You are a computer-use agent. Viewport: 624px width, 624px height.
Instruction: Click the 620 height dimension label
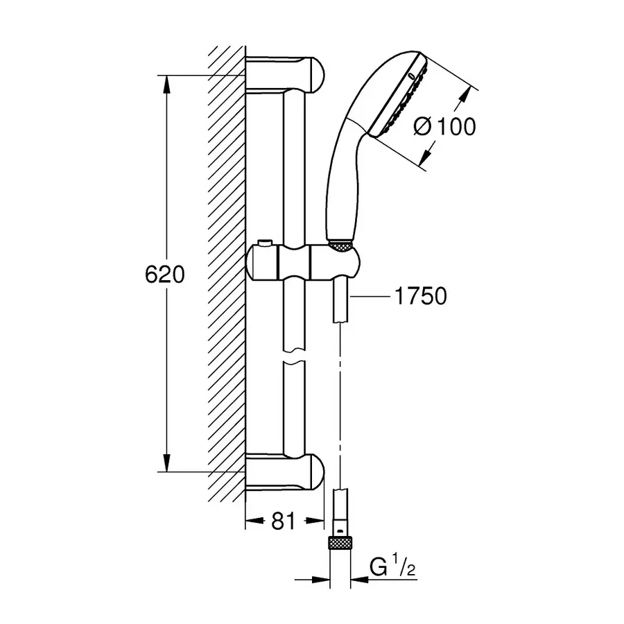165,275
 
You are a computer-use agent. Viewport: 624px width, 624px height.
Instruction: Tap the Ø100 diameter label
444,127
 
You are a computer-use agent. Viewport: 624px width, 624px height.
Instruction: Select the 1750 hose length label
419,297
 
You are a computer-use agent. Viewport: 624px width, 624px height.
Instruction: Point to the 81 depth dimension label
284,521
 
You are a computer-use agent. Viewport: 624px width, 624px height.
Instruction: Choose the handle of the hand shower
340,180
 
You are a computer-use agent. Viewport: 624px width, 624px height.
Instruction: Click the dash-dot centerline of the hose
340,402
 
